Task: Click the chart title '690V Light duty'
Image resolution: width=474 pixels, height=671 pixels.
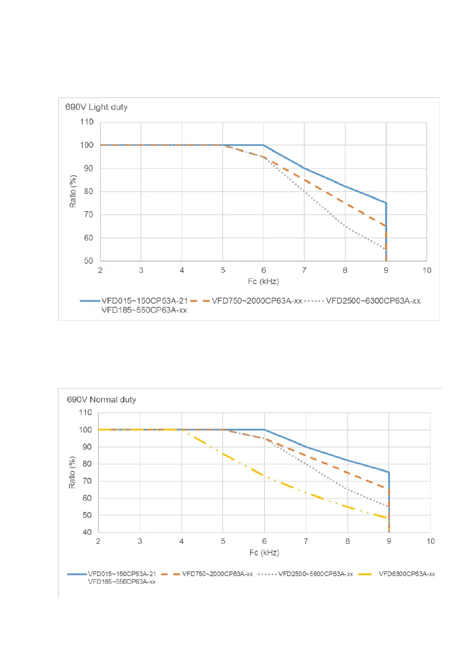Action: coord(96,107)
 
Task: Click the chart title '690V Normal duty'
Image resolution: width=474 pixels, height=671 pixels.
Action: coord(101,399)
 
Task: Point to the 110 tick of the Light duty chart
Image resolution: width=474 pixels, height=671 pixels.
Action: coord(86,122)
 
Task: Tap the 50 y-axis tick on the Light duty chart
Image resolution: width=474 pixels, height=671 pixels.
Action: coord(88,261)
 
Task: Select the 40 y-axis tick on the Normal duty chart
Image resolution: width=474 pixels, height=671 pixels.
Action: coord(87,532)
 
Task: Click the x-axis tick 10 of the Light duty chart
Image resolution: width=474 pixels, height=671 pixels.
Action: coord(427,270)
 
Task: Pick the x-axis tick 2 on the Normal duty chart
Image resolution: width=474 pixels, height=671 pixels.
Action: coord(98,541)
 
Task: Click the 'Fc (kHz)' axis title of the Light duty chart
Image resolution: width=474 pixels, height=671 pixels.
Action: coord(263,281)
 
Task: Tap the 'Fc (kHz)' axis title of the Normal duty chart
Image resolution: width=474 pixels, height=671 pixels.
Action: coord(264,553)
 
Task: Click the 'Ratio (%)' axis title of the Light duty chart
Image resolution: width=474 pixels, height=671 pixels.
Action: coord(73,191)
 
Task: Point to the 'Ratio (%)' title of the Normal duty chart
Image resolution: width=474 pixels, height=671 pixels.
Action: coord(72,473)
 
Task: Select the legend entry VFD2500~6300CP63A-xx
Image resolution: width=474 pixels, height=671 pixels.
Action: coord(373,301)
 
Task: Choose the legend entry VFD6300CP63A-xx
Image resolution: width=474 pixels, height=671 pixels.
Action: coord(406,574)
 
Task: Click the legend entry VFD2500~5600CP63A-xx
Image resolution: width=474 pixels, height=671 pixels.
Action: coord(315,574)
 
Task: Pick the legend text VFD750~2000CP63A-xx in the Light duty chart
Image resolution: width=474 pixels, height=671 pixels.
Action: coord(257,301)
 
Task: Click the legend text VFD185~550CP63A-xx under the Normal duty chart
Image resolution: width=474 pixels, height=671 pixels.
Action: coord(121,582)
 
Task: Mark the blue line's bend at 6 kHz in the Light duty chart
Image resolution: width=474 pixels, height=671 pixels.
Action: coord(263,145)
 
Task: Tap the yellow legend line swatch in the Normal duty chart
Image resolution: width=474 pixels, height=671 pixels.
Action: coord(365,574)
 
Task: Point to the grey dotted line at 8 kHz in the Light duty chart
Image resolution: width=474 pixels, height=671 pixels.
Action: coord(345,227)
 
